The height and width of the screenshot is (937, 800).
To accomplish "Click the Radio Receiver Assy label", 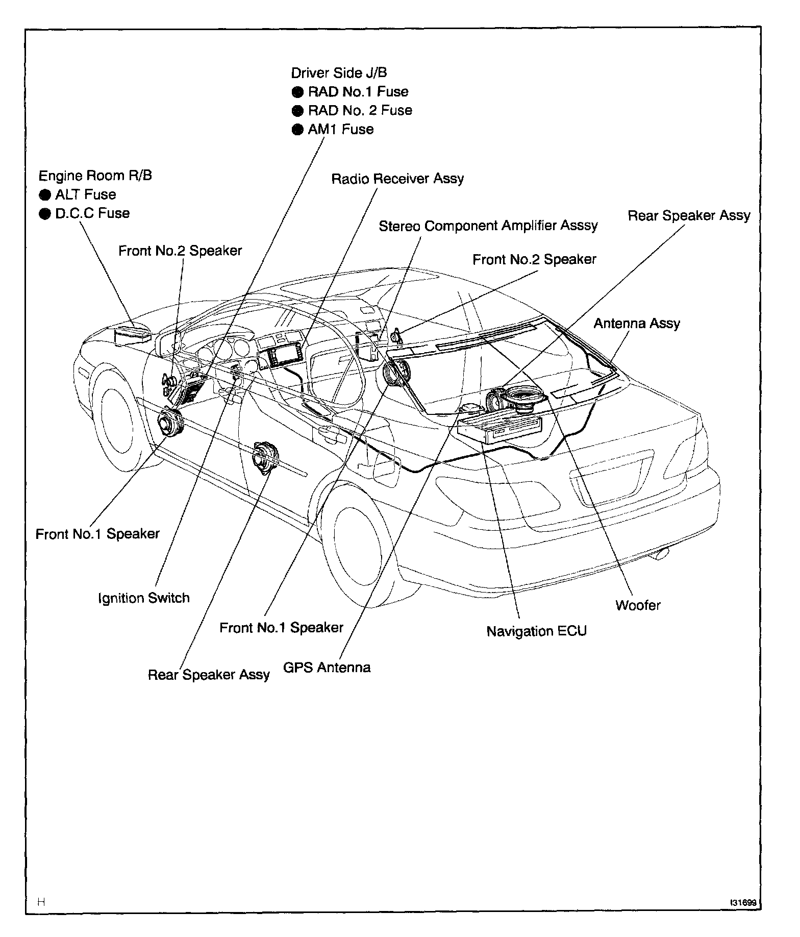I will point(397,179).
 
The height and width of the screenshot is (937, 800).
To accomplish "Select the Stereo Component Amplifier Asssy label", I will point(488,226).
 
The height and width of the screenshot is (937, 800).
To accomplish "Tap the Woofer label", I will point(638,605).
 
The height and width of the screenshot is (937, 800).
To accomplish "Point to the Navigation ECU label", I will point(536,631).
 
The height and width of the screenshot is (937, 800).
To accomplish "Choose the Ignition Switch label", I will point(143,598).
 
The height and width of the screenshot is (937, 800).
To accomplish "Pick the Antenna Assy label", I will point(637,323).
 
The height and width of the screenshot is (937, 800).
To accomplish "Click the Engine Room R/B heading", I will point(95,176).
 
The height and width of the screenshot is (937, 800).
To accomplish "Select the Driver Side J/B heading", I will point(339,72).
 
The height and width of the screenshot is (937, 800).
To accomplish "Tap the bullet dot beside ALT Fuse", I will point(45,195).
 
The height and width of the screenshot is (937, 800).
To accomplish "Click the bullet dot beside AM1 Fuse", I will point(297,130).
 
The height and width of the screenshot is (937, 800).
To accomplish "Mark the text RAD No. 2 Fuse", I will point(360,110).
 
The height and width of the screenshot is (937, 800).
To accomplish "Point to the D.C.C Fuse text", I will point(92,213).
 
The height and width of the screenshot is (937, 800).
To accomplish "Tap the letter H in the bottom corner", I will point(41,902).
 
